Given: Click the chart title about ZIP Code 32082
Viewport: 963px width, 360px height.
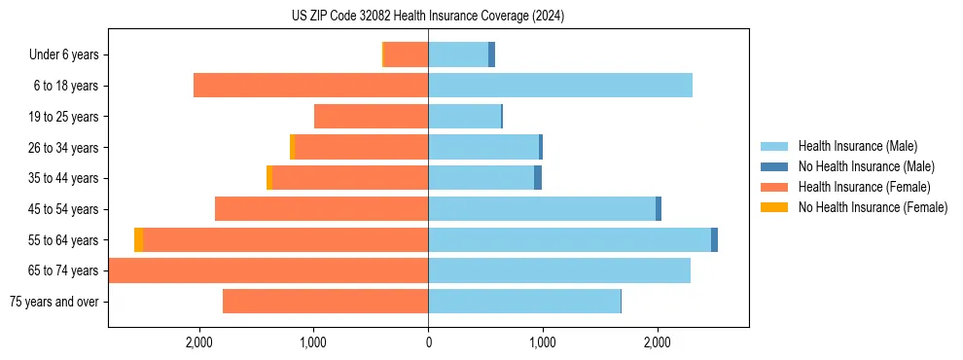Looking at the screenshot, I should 428,17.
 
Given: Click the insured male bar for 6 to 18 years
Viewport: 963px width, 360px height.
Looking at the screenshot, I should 560,86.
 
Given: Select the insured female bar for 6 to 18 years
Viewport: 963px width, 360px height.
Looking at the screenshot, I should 311,86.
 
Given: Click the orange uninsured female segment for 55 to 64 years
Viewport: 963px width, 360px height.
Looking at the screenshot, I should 139,240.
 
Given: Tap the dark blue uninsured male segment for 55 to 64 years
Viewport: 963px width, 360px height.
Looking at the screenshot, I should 714,240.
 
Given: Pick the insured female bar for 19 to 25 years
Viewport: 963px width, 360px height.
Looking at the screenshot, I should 371,117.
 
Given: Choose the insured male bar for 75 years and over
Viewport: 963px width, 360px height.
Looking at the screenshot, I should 524,302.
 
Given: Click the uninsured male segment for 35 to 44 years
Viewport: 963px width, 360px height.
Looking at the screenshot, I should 538,178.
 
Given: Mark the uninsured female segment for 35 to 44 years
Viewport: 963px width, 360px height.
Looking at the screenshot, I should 269,178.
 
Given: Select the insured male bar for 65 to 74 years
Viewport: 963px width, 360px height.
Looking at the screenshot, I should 559,270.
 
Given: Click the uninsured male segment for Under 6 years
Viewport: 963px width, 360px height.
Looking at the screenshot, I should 491,54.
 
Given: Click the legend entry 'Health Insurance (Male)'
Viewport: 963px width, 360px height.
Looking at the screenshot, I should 856,147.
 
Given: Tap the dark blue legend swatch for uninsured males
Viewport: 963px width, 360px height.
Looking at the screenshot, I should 773,167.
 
